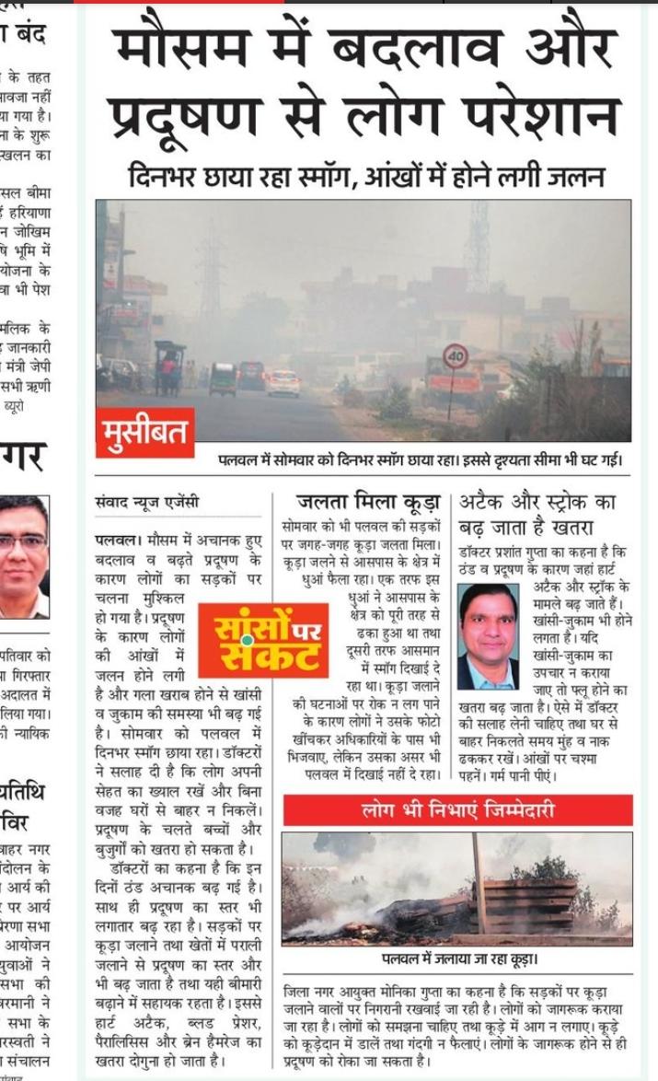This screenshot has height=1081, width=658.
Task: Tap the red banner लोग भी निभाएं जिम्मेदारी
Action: [x=457, y=810]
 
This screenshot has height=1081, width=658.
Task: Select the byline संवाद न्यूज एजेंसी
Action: [x=147, y=504]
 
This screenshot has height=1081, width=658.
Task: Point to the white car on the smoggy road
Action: [x=283, y=382]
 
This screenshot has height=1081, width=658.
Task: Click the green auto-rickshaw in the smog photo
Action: [x=223, y=378]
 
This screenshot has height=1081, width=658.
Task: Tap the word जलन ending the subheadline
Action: [x=579, y=176]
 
